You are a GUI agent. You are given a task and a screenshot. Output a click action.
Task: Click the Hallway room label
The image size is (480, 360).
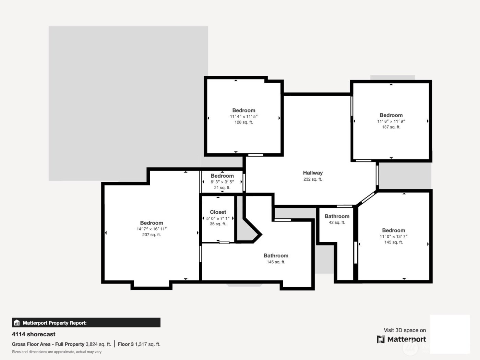pyautogui.click(x=313, y=173)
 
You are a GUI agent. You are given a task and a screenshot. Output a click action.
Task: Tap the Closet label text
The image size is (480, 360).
pyautogui.click(x=218, y=212)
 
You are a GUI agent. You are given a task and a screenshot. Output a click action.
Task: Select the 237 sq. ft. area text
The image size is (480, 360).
pyautogui.click(x=151, y=235)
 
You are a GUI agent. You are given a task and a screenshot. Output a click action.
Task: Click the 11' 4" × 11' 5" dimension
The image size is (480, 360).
pyautogui.click(x=244, y=117)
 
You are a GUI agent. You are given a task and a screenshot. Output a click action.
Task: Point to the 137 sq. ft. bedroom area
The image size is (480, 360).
pyautogui.click(x=391, y=127)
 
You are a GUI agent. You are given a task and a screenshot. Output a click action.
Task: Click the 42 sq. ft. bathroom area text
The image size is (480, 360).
pyautogui.click(x=337, y=223)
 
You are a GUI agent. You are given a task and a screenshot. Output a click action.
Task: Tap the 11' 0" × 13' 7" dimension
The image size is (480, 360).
pyautogui.click(x=393, y=237)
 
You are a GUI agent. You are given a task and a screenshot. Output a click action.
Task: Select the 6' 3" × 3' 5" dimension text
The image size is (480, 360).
pyautogui.click(x=222, y=182)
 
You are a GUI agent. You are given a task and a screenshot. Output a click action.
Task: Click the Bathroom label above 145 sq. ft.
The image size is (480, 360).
pyautogui.click(x=276, y=256)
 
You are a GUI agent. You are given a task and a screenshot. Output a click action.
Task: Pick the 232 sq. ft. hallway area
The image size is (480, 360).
pyautogui.click(x=313, y=179)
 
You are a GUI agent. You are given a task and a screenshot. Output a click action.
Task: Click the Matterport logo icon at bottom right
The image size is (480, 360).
pyautogui.click(x=381, y=339)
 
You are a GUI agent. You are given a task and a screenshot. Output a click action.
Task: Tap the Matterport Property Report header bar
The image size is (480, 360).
pyautogui.click(x=86, y=323)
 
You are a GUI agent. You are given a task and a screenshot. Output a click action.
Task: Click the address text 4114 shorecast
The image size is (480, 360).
pyautogui.click(x=34, y=334)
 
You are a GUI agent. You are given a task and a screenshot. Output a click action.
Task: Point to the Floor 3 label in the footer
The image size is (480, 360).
pyautogui.click(x=125, y=344)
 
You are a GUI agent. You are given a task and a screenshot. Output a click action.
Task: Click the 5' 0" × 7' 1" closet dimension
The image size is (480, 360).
pyautogui.click(x=218, y=218)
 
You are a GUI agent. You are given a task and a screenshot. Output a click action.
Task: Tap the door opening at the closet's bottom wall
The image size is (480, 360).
pyautogui.click(x=224, y=243)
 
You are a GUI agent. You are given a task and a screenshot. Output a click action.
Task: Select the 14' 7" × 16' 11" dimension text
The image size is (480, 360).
pyautogui.click(x=151, y=229)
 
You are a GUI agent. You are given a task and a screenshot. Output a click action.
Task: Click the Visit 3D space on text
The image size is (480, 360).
pyautogui.click(x=405, y=331)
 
